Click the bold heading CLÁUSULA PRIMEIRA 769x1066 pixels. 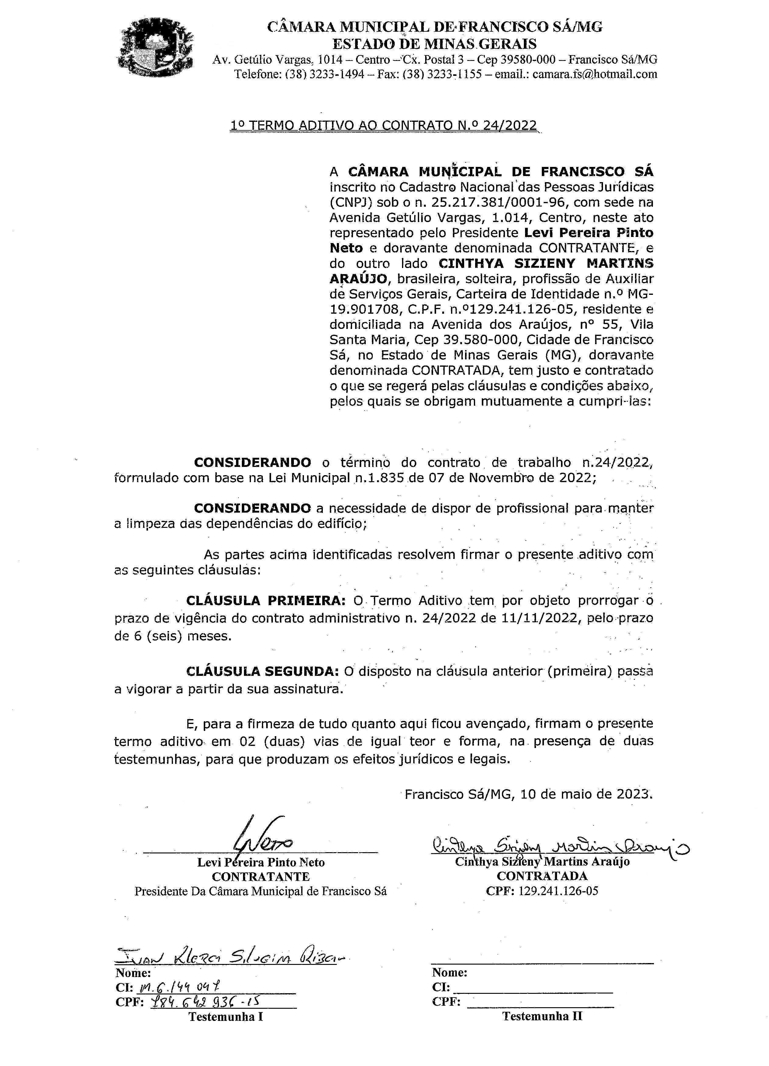266,601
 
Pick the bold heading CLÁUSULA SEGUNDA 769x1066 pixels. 262,671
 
